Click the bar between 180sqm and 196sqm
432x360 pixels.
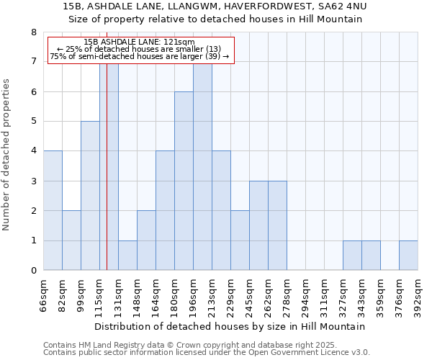184,181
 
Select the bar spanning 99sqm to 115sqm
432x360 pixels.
90,196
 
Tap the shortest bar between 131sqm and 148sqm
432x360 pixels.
127,256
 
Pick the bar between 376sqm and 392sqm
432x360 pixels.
408,256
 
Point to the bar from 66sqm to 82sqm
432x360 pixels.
53,210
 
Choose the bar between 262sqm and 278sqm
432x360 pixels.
277,225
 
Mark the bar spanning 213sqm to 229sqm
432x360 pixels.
221,210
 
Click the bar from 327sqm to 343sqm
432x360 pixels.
352,256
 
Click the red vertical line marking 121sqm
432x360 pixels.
107,180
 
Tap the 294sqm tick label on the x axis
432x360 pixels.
306,294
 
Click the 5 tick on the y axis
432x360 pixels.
33,122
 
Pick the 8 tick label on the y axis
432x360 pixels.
33,32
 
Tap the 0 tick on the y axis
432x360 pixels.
33,271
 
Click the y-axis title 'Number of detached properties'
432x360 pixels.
6,156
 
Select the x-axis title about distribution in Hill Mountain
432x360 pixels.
230,326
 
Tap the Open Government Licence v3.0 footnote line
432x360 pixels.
207,353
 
